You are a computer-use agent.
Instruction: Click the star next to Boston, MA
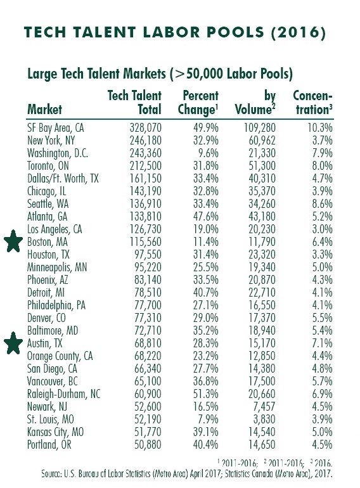(x=13, y=241)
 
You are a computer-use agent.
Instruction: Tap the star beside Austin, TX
(x=13, y=343)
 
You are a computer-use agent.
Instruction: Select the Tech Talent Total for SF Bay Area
(x=146, y=127)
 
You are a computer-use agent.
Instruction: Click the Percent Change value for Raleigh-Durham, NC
(x=206, y=394)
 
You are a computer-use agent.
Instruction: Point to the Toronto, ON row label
(x=48, y=165)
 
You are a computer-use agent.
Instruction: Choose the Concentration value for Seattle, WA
(x=323, y=203)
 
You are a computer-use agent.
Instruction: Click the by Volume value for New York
(x=262, y=140)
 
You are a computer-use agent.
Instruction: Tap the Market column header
(x=44, y=109)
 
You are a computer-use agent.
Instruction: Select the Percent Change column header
(x=198, y=103)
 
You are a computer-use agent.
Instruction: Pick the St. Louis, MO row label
(x=51, y=419)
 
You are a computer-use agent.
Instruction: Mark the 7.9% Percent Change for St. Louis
(x=208, y=419)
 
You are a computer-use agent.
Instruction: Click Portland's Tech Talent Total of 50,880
(x=148, y=444)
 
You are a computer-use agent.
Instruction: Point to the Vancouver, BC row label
(x=52, y=382)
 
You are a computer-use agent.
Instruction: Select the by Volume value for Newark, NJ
(x=264, y=406)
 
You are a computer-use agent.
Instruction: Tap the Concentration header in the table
(x=312, y=103)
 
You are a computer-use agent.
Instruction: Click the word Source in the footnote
(x=51, y=474)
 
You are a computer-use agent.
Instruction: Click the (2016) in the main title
(x=299, y=33)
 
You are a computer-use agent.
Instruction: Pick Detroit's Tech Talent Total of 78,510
(x=148, y=292)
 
